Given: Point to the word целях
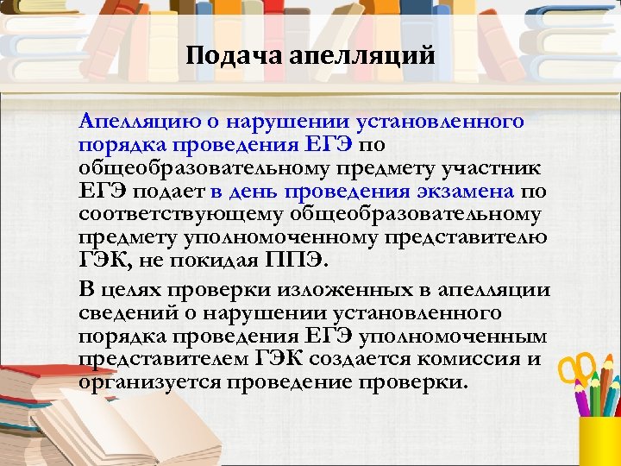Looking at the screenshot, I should (137, 287).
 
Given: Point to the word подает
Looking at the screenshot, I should (165, 190).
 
